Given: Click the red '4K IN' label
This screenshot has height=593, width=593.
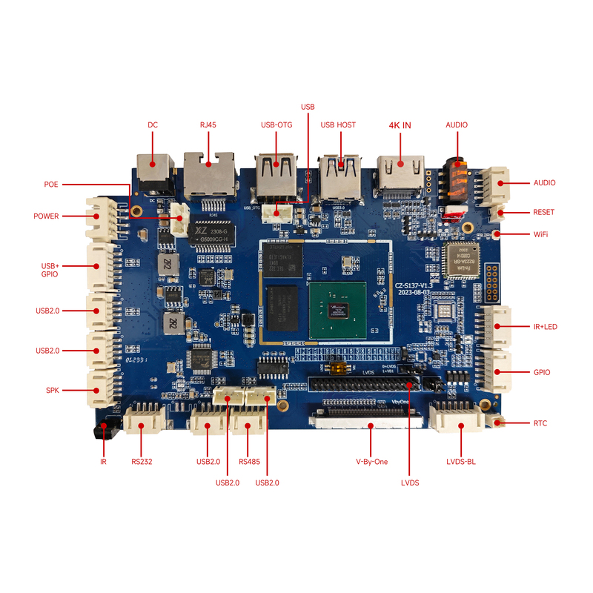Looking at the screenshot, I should (x=400, y=125).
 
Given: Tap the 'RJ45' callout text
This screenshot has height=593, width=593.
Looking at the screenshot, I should (x=208, y=125).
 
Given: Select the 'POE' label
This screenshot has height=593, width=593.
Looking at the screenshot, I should (x=51, y=184).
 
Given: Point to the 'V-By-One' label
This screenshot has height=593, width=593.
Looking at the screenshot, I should (x=372, y=462).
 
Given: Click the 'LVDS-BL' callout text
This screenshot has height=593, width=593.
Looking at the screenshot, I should (x=461, y=462).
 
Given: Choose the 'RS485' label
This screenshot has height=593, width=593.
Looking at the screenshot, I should (x=249, y=462).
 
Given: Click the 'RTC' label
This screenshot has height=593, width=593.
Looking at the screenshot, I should (x=540, y=423).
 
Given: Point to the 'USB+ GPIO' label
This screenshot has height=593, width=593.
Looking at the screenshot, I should (x=50, y=270).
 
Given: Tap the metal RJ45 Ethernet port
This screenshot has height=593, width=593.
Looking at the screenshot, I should (x=209, y=174).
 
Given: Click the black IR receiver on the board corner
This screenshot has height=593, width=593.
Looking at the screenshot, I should (x=102, y=429).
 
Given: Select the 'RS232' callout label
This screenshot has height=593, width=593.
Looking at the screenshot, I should (x=142, y=462).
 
